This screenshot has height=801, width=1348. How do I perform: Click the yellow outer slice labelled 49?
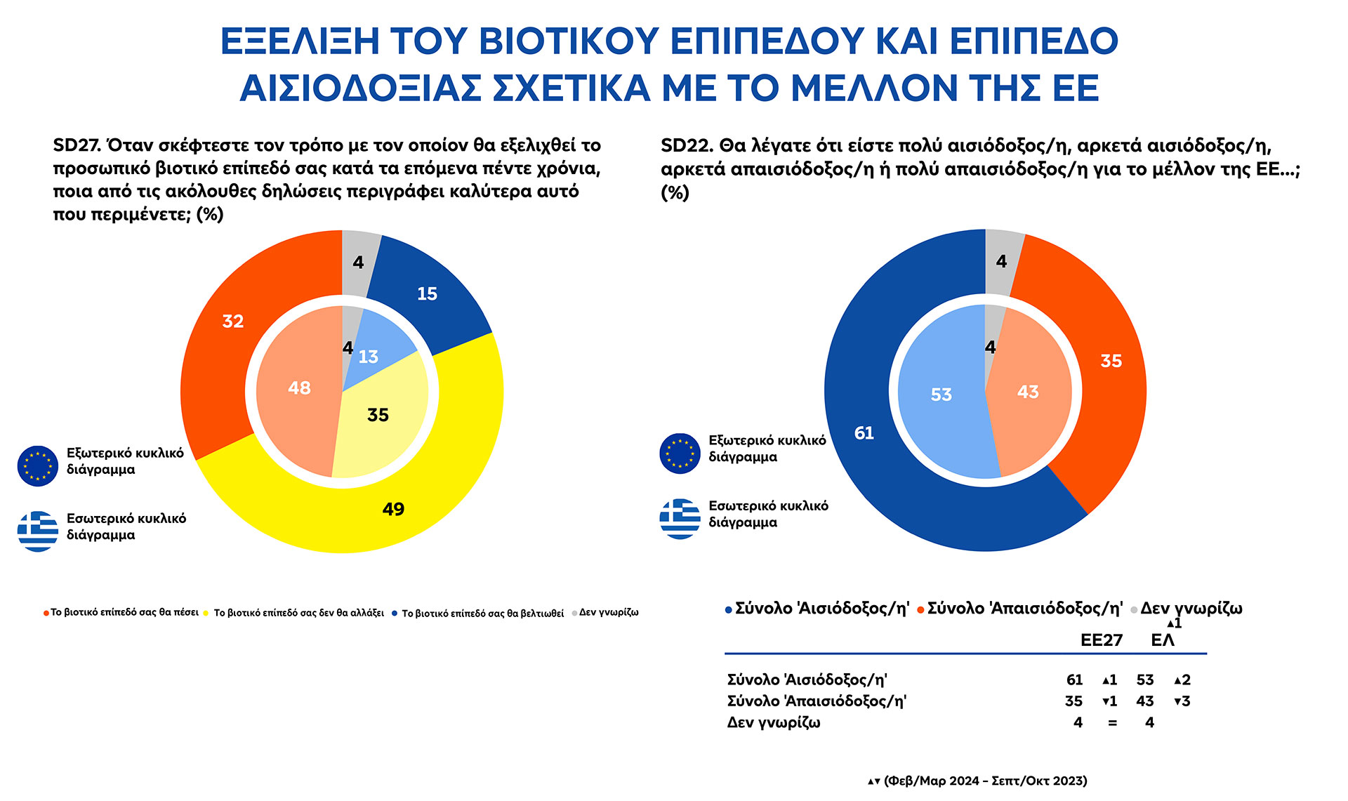tap(393, 508)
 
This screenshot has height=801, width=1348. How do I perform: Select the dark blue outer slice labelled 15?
tap(427, 293)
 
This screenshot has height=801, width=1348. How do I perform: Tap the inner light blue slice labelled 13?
tap(369, 357)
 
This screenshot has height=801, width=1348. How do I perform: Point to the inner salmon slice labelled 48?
tap(299, 388)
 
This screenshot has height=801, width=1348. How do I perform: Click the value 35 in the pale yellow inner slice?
tap(378, 415)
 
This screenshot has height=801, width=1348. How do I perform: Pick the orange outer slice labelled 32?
tap(233, 322)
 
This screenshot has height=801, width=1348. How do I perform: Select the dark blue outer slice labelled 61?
tap(864, 433)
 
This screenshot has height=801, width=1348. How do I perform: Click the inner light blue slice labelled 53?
tap(941, 395)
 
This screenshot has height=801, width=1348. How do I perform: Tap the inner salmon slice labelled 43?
tap(1028, 392)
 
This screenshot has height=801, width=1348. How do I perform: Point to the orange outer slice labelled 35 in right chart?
tap(1111, 361)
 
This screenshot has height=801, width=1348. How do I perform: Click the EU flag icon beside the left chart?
tap(38, 465)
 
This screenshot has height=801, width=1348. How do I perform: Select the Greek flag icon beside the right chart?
tap(680, 519)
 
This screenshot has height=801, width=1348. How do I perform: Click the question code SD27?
tap(76, 145)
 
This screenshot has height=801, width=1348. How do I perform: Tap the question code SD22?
tap(685, 145)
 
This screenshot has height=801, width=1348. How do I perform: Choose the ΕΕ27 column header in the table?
tap(1101, 640)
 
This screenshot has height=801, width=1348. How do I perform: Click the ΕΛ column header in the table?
tap(1163, 640)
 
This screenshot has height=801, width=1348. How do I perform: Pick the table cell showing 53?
tap(1144, 680)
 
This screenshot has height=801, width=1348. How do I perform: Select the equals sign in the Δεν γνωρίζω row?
tap(1112, 722)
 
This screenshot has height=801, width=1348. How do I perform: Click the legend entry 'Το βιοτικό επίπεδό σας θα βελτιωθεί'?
tap(482, 613)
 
